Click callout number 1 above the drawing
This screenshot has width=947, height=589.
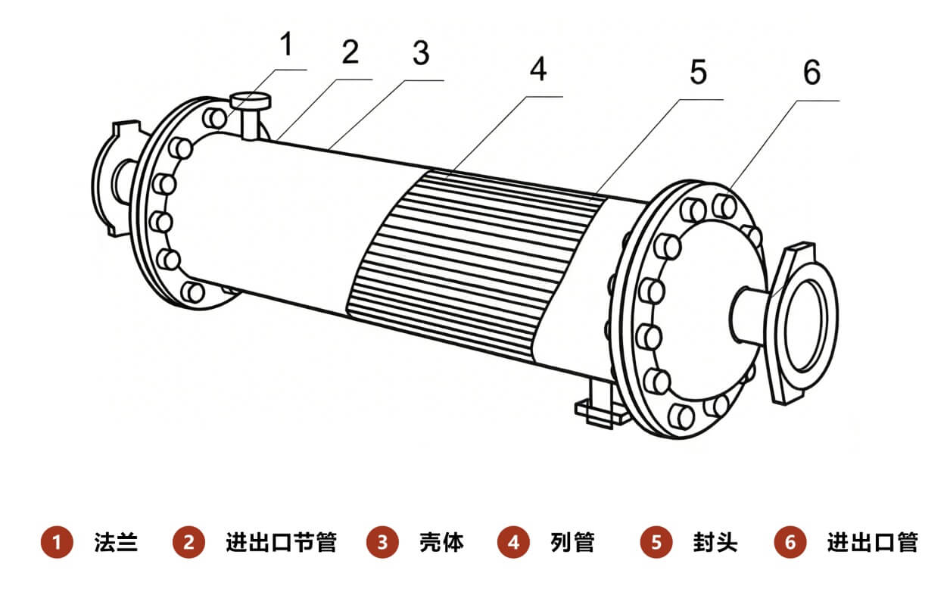pos(285,45)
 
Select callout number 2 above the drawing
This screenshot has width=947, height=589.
pos(349,54)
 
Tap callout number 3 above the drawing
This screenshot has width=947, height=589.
pos(420,54)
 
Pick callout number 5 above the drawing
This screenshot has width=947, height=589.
pos(697,73)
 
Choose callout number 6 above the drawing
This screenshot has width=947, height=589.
pos(811,74)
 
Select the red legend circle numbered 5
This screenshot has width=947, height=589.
pos(656,543)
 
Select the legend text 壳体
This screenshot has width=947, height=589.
pos(441,543)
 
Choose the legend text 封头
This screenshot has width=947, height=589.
pos(714,543)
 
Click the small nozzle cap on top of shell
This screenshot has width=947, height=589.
pos(249,99)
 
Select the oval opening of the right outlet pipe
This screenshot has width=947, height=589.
pos(809,323)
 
